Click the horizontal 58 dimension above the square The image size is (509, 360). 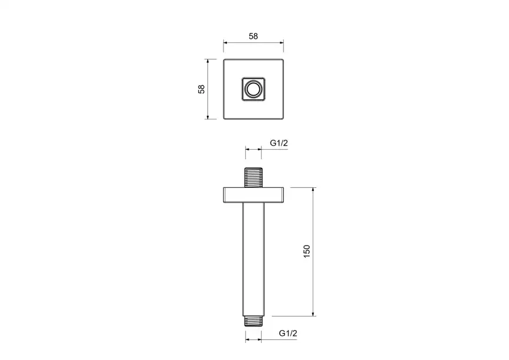pyautogui.click(x=253, y=36)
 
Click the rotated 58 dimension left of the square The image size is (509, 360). pyautogui.click(x=202, y=89)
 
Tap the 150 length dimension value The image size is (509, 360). pyautogui.click(x=306, y=251)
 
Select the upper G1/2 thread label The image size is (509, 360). pyautogui.click(x=279, y=143)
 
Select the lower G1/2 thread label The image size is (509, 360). pyautogui.click(x=288, y=333)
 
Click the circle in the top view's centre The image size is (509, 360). pyautogui.click(x=253, y=89)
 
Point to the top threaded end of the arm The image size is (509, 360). pyautogui.click(x=253, y=177)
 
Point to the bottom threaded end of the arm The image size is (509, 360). pyautogui.click(x=253, y=321)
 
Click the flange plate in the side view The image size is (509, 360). pyautogui.click(x=253, y=195)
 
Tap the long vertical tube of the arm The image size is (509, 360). pyautogui.click(x=253, y=259)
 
